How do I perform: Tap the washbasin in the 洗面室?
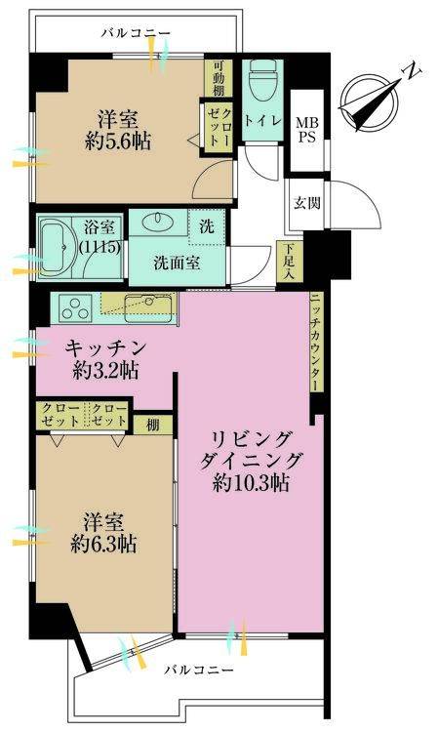point(155,223)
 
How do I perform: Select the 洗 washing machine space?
point(207,224)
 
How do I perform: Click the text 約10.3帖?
point(251,482)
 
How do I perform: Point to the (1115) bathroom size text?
point(100,247)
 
